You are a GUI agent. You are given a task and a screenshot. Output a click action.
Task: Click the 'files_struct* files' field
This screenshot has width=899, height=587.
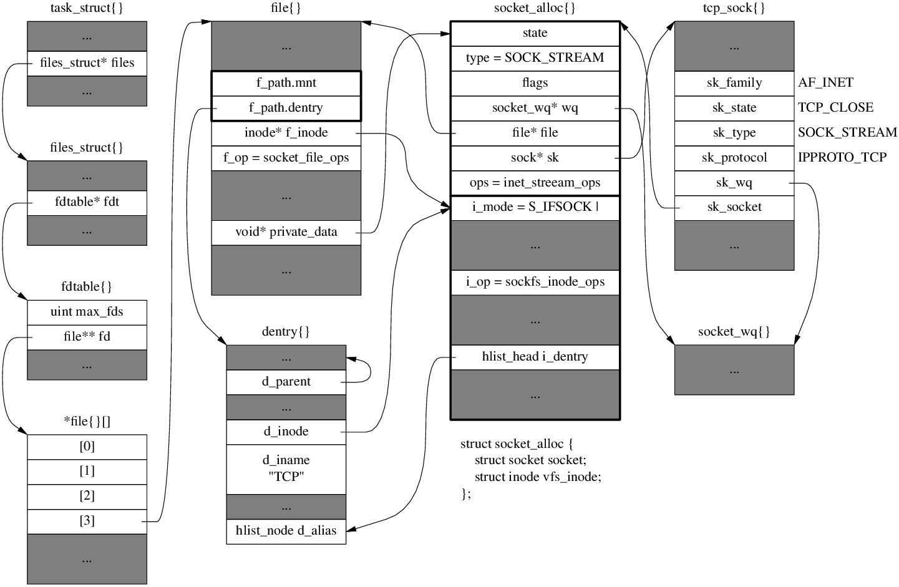pos(87,64)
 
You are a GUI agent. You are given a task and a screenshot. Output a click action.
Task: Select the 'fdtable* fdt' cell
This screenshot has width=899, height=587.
pos(87,203)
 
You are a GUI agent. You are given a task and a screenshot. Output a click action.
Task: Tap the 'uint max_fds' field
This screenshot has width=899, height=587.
pos(87,312)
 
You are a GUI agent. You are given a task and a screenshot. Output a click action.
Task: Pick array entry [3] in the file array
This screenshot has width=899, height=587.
pos(87,522)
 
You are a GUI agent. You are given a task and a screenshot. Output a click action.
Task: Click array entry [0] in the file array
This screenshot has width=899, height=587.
pos(87,447)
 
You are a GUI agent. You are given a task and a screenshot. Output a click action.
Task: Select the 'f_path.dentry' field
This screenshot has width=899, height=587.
pos(286,108)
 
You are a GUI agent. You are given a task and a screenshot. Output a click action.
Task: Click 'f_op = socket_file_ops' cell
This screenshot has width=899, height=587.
pos(286,158)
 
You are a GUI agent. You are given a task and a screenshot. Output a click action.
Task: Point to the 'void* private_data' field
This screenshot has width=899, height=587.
pos(286,232)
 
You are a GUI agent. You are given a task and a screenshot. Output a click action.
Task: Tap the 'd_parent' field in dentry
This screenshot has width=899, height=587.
pos(286,382)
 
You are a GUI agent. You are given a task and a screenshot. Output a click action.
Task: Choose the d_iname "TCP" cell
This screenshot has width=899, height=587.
pos(286,469)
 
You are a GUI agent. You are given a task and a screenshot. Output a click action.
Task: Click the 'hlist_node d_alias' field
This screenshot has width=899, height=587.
pos(286,531)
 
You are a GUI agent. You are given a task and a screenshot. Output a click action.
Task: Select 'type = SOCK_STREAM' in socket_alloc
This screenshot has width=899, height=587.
pos(535,58)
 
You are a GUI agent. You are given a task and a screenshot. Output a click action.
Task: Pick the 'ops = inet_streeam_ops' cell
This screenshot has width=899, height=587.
pos(535,183)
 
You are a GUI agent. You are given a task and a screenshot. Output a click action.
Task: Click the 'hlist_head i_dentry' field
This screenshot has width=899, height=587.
pos(535,357)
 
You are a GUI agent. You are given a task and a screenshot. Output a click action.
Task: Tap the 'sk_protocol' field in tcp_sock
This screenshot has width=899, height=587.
pos(734,158)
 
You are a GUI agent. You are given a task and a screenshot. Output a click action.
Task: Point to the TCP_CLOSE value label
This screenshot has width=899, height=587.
pos(835,107)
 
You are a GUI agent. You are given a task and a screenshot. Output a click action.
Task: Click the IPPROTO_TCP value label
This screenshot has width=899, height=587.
pos(842,157)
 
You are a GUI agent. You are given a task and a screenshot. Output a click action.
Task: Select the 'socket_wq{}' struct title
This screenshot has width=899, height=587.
pos(734,331)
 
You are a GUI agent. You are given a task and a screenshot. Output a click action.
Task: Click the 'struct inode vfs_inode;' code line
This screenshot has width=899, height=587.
pos(538,477)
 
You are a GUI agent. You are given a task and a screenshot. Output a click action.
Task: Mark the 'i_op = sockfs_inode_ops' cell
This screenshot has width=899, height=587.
pos(535,282)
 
